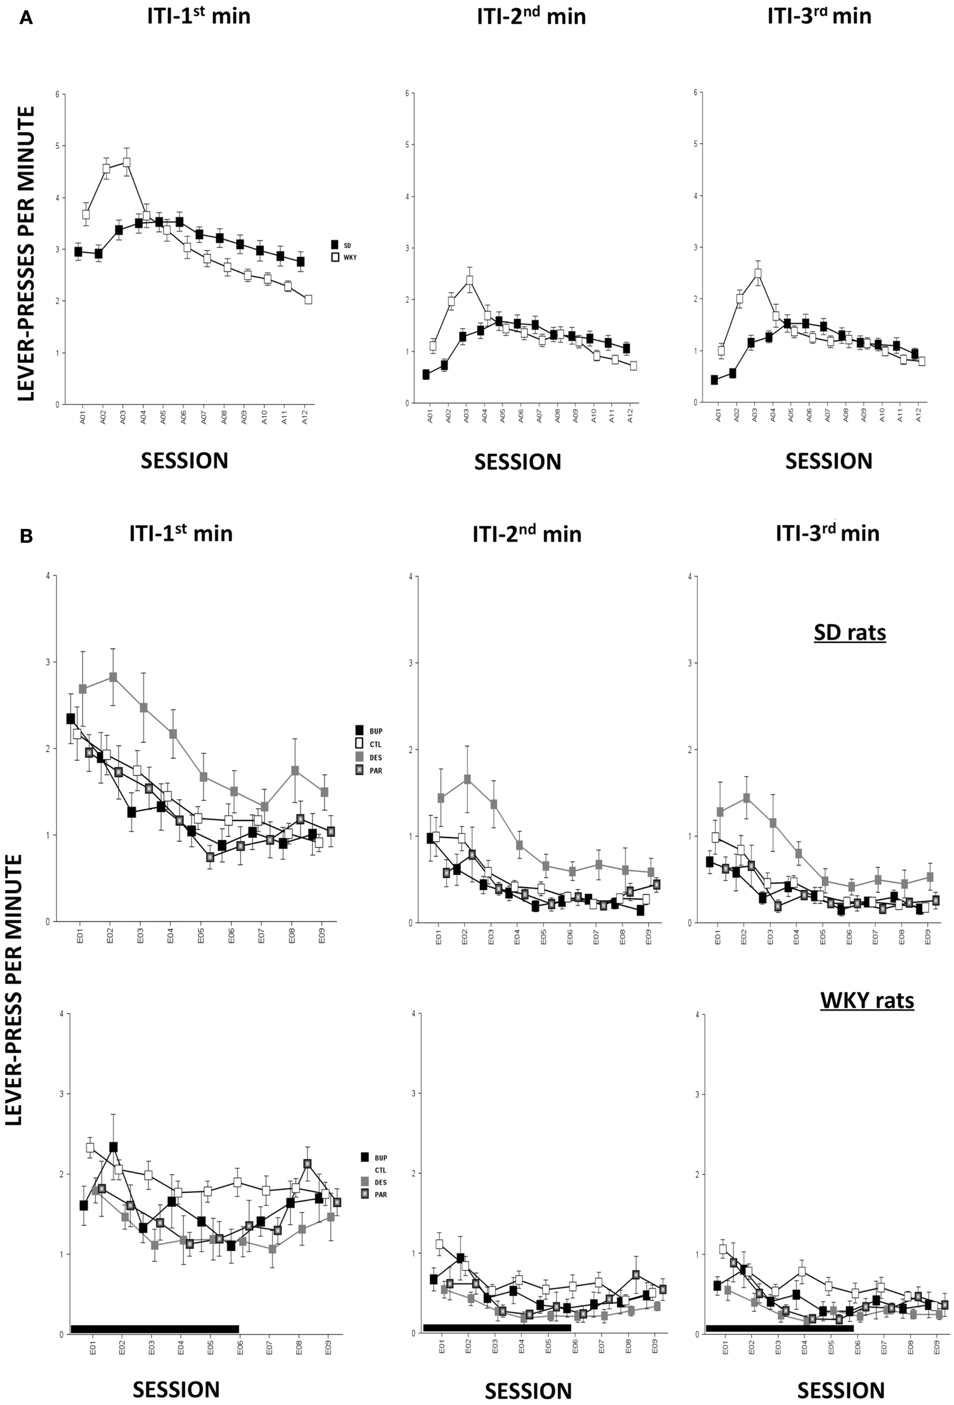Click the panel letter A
click(26, 19)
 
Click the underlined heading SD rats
click(849, 633)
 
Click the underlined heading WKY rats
click(866, 1000)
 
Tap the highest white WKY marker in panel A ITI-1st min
click(127, 162)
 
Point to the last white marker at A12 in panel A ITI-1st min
click(308, 299)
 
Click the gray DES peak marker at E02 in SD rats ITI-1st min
click(113, 677)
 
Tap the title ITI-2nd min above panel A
click(531, 16)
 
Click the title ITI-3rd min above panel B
click(827, 533)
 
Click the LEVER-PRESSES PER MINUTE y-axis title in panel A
click(25, 254)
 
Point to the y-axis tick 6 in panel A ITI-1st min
click(57, 94)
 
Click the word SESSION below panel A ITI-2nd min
click(517, 462)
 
